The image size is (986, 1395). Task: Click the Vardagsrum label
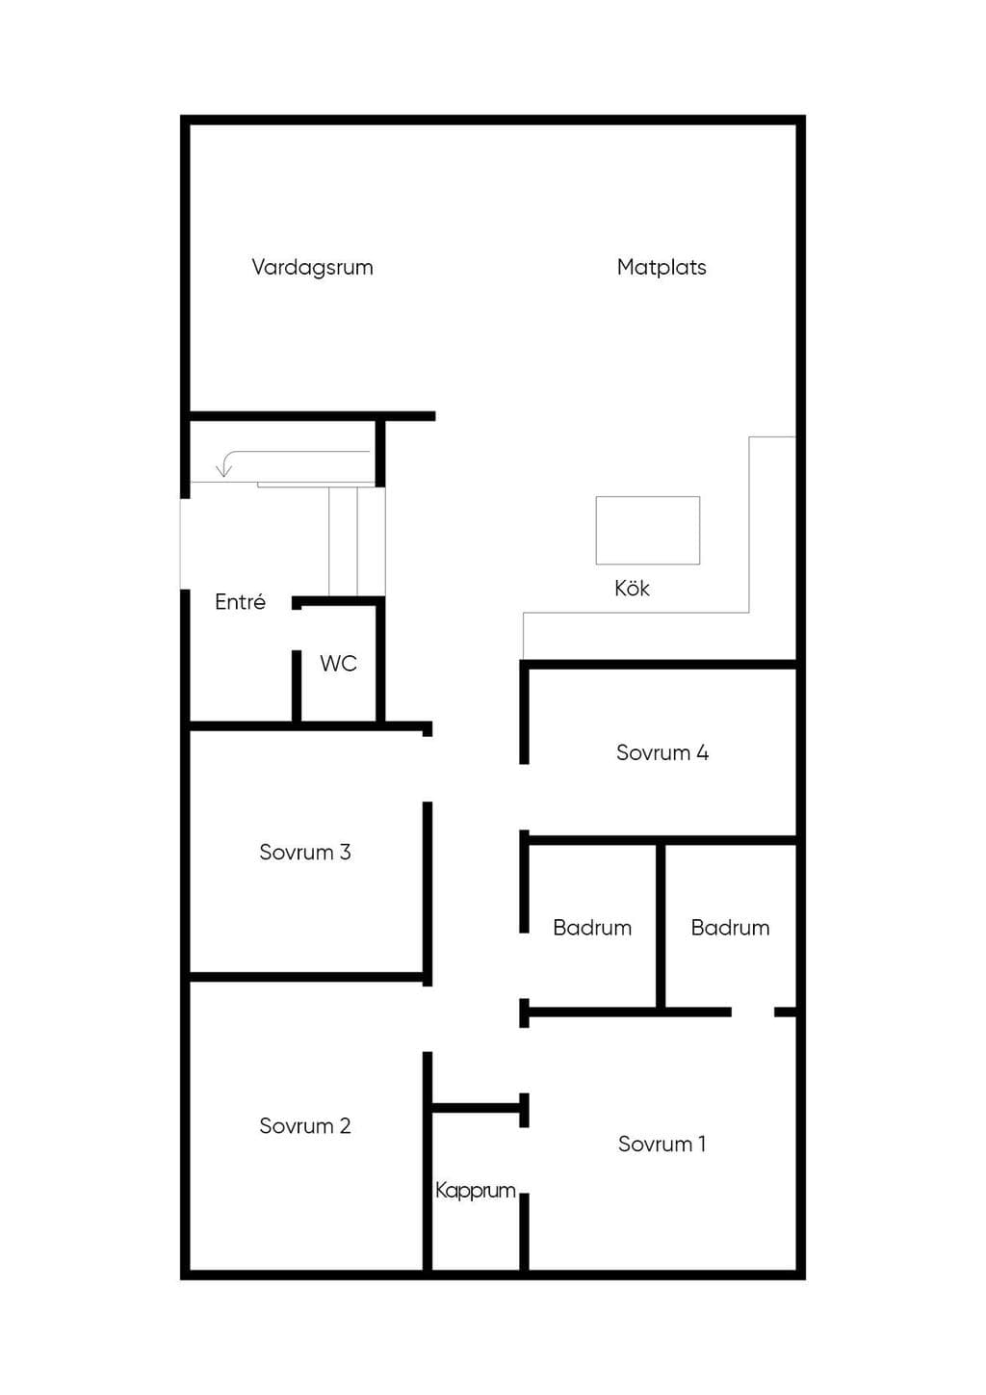313,268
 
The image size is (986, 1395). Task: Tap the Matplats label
662,267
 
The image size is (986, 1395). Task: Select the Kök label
632,588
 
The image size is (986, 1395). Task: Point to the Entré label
241,601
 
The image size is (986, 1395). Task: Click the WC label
339,663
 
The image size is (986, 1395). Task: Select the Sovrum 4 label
662,752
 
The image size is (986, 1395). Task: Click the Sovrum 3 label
305,852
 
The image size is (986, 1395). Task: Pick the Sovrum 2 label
305,1125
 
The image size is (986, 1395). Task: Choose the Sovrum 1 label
662,1144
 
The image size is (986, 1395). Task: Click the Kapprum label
476,1191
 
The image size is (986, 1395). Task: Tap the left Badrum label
592,928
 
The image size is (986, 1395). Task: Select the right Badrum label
730,928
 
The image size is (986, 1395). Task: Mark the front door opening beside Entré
185,543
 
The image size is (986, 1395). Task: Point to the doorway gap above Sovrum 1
753,1013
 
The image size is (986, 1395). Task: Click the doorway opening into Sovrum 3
428,769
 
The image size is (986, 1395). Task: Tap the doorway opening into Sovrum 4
524,797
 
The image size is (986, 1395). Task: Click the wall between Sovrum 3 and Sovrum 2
306,977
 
